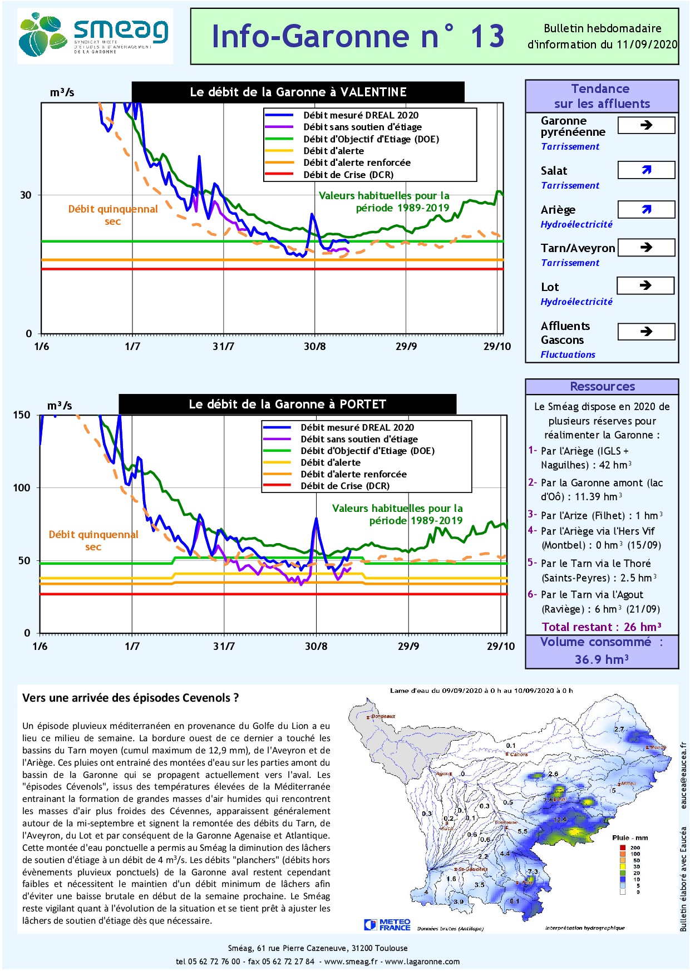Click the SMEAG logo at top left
95,36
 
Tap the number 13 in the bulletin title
487,37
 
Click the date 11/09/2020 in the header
647,45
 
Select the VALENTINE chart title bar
298,92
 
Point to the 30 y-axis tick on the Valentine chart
26,195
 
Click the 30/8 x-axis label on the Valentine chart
314,347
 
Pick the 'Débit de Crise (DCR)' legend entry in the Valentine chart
348,175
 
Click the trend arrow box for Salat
646,170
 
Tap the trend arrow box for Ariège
646,210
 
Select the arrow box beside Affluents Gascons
646,332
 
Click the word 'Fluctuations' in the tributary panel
568,354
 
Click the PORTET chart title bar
287,405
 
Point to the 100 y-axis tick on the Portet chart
22,488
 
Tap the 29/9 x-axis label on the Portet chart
408,646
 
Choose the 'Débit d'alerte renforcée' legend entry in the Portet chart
353,474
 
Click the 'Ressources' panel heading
602,387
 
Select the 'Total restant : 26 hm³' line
602,627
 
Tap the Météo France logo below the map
387,924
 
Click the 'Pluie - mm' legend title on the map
630,837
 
